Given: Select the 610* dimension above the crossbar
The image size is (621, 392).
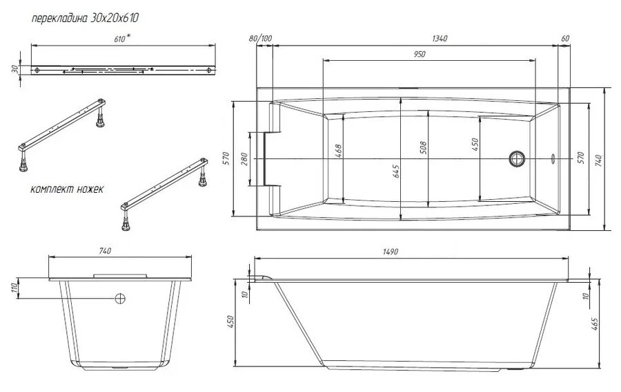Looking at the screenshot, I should (121, 39).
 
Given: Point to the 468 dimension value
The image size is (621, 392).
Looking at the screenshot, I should (338, 151).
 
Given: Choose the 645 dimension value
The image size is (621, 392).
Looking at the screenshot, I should (396, 171).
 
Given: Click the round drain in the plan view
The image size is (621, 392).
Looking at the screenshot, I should (517, 159).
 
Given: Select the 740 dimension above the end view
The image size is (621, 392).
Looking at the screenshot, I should (106, 250).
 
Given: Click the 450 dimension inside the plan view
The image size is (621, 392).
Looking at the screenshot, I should (475, 144).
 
